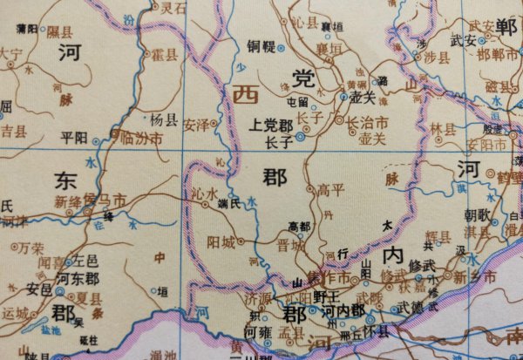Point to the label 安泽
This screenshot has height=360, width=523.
(x=195, y=124)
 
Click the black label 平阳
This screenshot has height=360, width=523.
(x=75, y=138)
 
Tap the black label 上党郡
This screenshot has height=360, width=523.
(x=270, y=124)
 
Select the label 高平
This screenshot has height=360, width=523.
(x=331, y=188)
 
